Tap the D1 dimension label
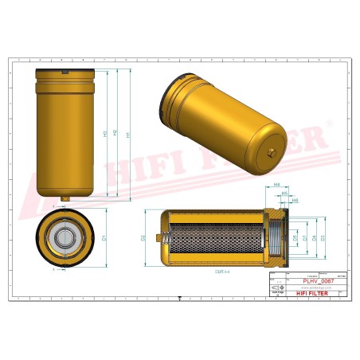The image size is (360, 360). click(x=105, y=237)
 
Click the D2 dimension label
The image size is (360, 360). click(x=143, y=237)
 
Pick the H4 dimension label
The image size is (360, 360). click(x=276, y=185)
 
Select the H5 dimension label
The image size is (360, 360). click(x=284, y=193)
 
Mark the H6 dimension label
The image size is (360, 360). click(x=294, y=201)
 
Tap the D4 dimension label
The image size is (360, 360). click(x=314, y=237)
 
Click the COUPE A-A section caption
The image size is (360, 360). click(x=221, y=271)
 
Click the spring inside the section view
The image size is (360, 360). click(x=165, y=237)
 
